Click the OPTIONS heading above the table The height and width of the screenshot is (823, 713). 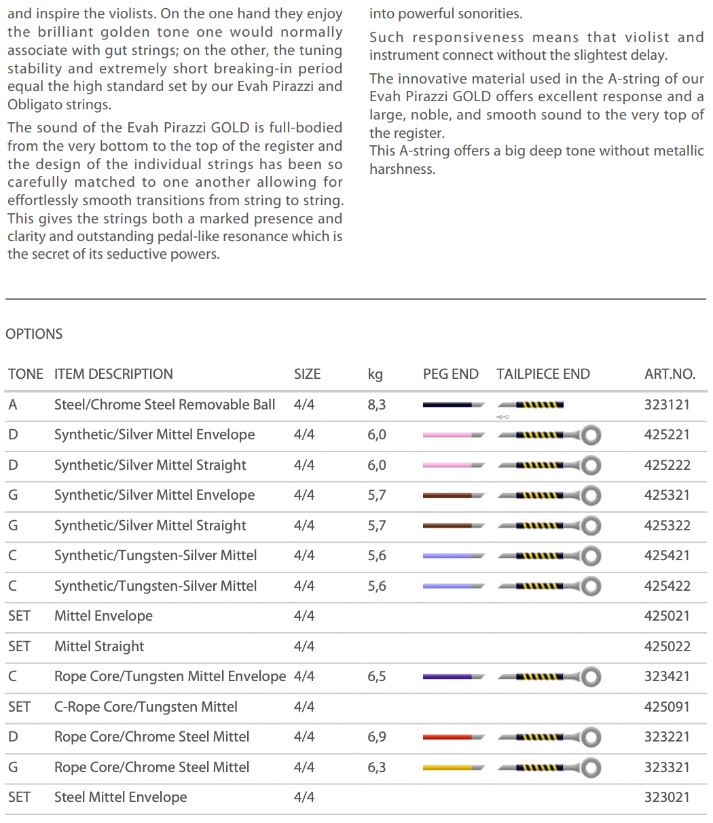point(34,334)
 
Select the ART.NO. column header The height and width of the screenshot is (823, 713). point(670,374)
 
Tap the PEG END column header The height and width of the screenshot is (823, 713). point(450,374)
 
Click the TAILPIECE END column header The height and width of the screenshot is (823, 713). point(543,374)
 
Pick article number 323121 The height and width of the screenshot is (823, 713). point(666,405)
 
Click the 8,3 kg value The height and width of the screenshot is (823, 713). point(376,405)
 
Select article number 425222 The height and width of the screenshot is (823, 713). point(666,465)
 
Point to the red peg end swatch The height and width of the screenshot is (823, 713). point(447,737)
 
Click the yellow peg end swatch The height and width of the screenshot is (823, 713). point(447,767)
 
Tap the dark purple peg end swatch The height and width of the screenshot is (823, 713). point(447,676)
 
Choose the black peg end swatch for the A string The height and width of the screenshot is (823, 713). point(447,405)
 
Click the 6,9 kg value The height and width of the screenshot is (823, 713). point(376,737)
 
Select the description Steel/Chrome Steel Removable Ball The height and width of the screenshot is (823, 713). point(164,405)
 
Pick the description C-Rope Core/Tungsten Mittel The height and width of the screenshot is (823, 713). point(145,707)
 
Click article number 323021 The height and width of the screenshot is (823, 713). point(666,797)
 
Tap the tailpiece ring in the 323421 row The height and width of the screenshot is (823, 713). point(592,676)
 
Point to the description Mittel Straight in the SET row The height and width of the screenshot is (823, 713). point(99,646)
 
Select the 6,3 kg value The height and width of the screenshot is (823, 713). point(376,767)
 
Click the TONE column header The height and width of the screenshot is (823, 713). point(25,374)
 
